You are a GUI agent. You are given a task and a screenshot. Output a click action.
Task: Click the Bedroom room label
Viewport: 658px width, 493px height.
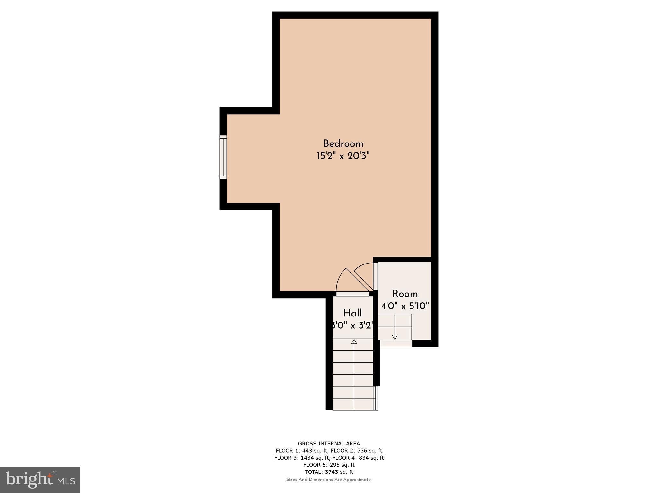click(x=343, y=143)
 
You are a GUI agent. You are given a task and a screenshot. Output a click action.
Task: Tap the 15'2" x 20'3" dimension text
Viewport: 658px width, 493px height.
click(x=343, y=156)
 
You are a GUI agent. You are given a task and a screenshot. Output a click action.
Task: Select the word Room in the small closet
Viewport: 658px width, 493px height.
click(x=405, y=294)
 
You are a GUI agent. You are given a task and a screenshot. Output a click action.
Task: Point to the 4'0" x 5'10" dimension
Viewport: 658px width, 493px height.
click(x=405, y=306)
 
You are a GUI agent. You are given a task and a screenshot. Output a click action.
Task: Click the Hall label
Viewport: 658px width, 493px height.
click(x=352, y=313)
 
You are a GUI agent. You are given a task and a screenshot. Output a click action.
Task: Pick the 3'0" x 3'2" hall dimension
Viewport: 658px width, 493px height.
click(x=352, y=326)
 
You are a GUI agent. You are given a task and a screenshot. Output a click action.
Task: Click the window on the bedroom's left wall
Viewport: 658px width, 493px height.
click(x=223, y=157)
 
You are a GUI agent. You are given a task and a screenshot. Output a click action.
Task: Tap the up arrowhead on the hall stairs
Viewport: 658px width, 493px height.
click(x=354, y=342)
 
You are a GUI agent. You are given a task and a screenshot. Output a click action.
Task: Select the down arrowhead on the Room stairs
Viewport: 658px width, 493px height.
click(x=395, y=337)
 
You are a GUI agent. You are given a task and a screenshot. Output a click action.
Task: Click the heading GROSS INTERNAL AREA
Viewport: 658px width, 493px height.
click(x=329, y=444)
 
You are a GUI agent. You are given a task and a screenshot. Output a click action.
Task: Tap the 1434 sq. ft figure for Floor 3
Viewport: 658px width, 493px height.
click(x=315, y=458)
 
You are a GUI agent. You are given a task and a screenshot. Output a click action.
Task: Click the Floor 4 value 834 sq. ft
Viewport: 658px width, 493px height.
click(x=370, y=458)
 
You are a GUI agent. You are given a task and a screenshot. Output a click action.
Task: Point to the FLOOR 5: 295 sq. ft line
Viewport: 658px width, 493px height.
click(x=329, y=465)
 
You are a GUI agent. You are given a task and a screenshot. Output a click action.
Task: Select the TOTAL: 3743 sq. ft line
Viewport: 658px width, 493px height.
click(x=329, y=472)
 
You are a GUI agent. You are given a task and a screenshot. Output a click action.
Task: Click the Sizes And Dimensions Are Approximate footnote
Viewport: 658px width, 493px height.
click(x=329, y=480)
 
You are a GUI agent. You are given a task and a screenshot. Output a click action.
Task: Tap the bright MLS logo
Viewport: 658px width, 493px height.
click(x=40, y=480)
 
